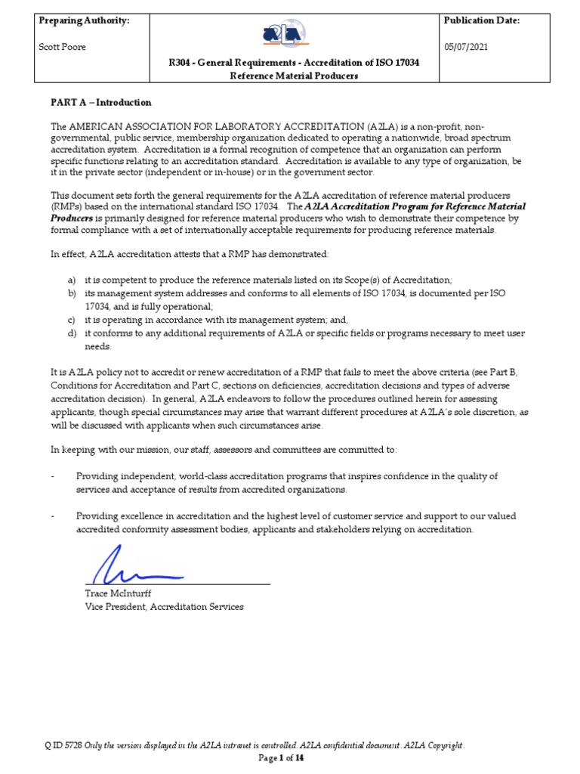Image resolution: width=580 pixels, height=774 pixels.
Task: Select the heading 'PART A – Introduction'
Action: pyautogui.click(x=101, y=103)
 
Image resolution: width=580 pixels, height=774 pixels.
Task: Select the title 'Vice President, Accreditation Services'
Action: pyautogui.click(x=164, y=607)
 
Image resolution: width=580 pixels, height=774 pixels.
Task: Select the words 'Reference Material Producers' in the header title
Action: pyautogui.click(x=294, y=76)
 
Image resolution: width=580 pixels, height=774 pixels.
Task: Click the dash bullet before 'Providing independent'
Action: pyautogui.click(x=53, y=476)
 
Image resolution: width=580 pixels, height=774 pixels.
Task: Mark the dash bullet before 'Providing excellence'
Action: pyautogui.click(x=53, y=516)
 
